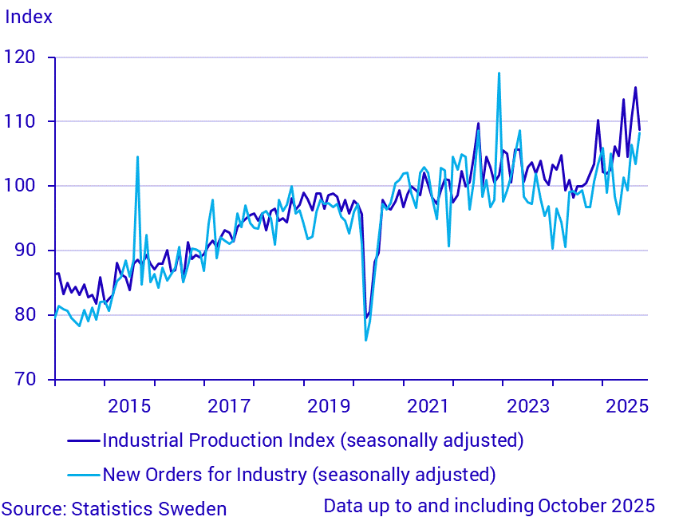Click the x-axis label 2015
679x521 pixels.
[x=129, y=405]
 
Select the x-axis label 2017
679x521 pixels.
[x=229, y=405]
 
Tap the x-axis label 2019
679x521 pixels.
[x=329, y=405]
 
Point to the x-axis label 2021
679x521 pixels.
[x=428, y=405]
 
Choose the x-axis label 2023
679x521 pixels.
[x=528, y=405]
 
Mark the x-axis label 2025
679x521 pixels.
[x=628, y=405]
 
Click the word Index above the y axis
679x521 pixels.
[x=29, y=17]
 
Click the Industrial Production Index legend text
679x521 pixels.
[x=313, y=440]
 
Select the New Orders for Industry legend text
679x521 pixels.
[x=299, y=475]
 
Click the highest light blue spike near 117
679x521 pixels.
[x=499, y=73]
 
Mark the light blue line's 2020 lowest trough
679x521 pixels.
[x=365, y=340]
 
